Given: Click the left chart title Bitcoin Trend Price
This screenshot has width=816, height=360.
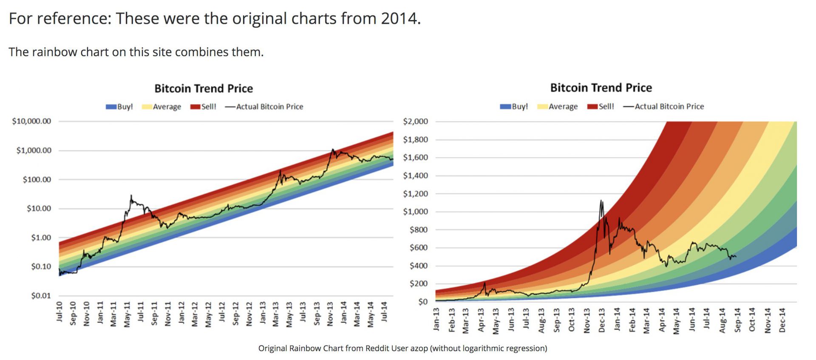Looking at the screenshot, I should pyautogui.click(x=204, y=88).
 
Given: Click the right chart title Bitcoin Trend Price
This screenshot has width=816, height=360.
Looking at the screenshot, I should pyautogui.click(x=601, y=88).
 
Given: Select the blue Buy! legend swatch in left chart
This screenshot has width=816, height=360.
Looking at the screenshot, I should pyautogui.click(x=111, y=107).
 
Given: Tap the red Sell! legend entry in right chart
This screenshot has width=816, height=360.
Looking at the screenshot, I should pyautogui.click(x=601, y=106).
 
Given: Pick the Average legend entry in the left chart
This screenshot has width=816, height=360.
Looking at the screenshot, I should pyautogui.click(x=161, y=107).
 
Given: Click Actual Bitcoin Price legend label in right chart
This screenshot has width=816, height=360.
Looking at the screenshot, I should pyautogui.click(x=669, y=106).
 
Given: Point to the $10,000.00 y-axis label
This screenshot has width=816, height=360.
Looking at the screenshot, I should pyautogui.click(x=31, y=121).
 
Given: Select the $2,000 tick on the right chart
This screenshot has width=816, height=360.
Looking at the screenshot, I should pyautogui.click(x=415, y=122).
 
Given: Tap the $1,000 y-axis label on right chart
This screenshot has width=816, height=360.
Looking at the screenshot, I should pyautogui.click(x=415, y=212).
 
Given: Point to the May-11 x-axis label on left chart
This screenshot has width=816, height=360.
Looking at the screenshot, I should pyautogui.click(x=127, y=315).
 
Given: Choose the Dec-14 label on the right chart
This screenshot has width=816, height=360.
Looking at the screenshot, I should pyautogui.click(x=782, y=320).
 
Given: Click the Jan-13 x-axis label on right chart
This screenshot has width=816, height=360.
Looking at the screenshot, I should pyautogui.click(x=436, y=319).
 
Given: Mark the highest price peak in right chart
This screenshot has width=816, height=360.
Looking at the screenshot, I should pyautogui.click(x=601, y=201).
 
